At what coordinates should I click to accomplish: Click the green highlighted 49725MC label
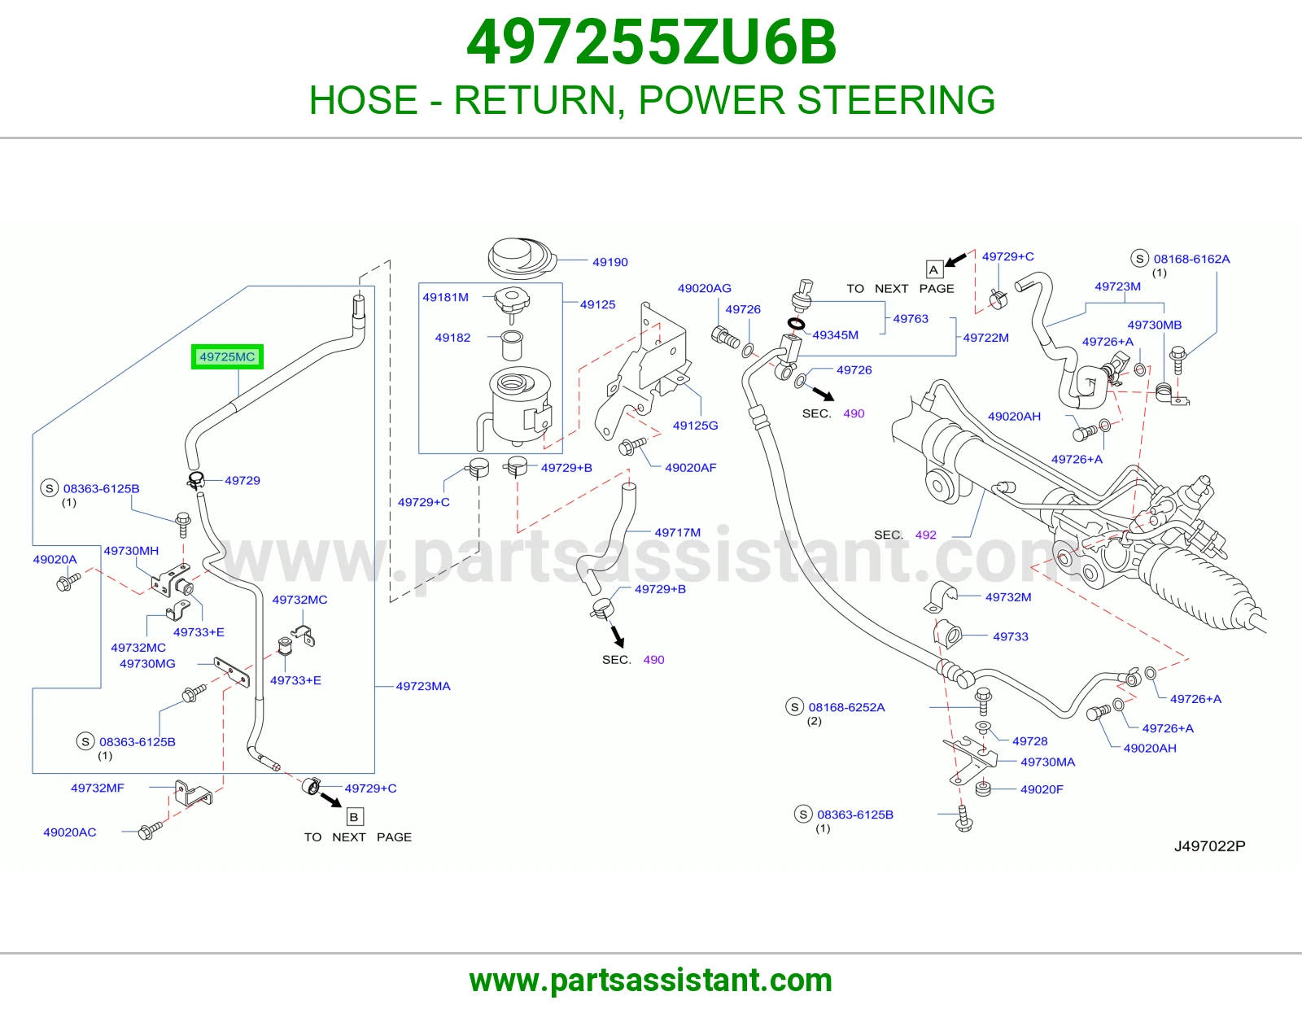tap(227, 357)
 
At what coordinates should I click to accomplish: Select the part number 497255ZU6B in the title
tap(651, 42)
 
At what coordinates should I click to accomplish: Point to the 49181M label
tap(445, 297)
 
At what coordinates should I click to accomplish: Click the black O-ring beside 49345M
tap(796, 324)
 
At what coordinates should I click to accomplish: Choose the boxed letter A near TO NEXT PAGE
tap(933, 270)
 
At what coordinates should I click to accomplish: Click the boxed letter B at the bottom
tap(354, 817)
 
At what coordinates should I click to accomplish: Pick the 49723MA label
tap(423, 686)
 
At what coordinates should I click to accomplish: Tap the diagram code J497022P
tap(1209, 846)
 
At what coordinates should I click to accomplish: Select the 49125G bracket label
tap(695, 426)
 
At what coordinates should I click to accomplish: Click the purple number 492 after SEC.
tap(926, 535)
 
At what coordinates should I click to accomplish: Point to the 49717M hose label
tap(678, 532)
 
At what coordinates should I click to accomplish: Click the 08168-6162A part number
tap(1192, 259)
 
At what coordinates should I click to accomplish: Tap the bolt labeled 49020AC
tap(149, 830)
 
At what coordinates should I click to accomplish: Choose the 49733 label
tap(1010, 636)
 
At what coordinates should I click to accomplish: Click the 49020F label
tap(1042, 789)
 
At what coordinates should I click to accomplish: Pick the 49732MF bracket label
tap(98, 788)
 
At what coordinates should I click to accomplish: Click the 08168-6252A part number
tap(846, 707)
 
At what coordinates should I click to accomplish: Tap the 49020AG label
tap(704, 288)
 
